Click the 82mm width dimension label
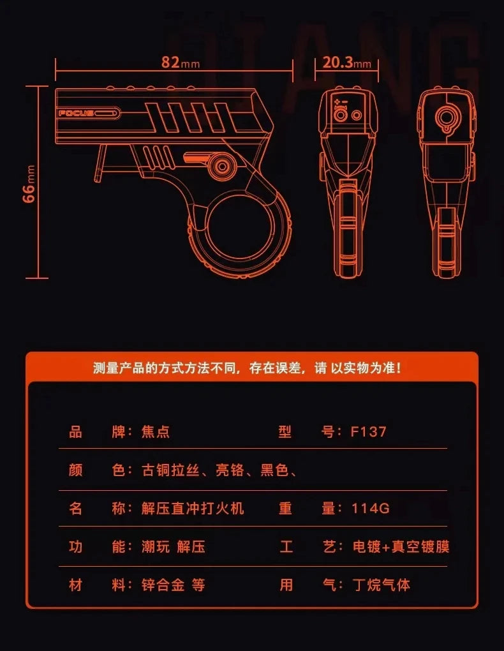point(180,63)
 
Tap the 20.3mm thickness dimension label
point(346,63)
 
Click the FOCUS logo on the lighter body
point(76,113)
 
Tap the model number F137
point(368,432)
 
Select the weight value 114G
point(370,508)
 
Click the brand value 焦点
point(156,432)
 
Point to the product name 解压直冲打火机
point(193,508)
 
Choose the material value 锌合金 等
point(173,585)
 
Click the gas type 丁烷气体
point(382,585)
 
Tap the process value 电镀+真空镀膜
point(401,546)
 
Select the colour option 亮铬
point(230,470)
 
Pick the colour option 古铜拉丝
point(170,470)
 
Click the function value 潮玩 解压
point(174,546)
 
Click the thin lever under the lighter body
point(100,163)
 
